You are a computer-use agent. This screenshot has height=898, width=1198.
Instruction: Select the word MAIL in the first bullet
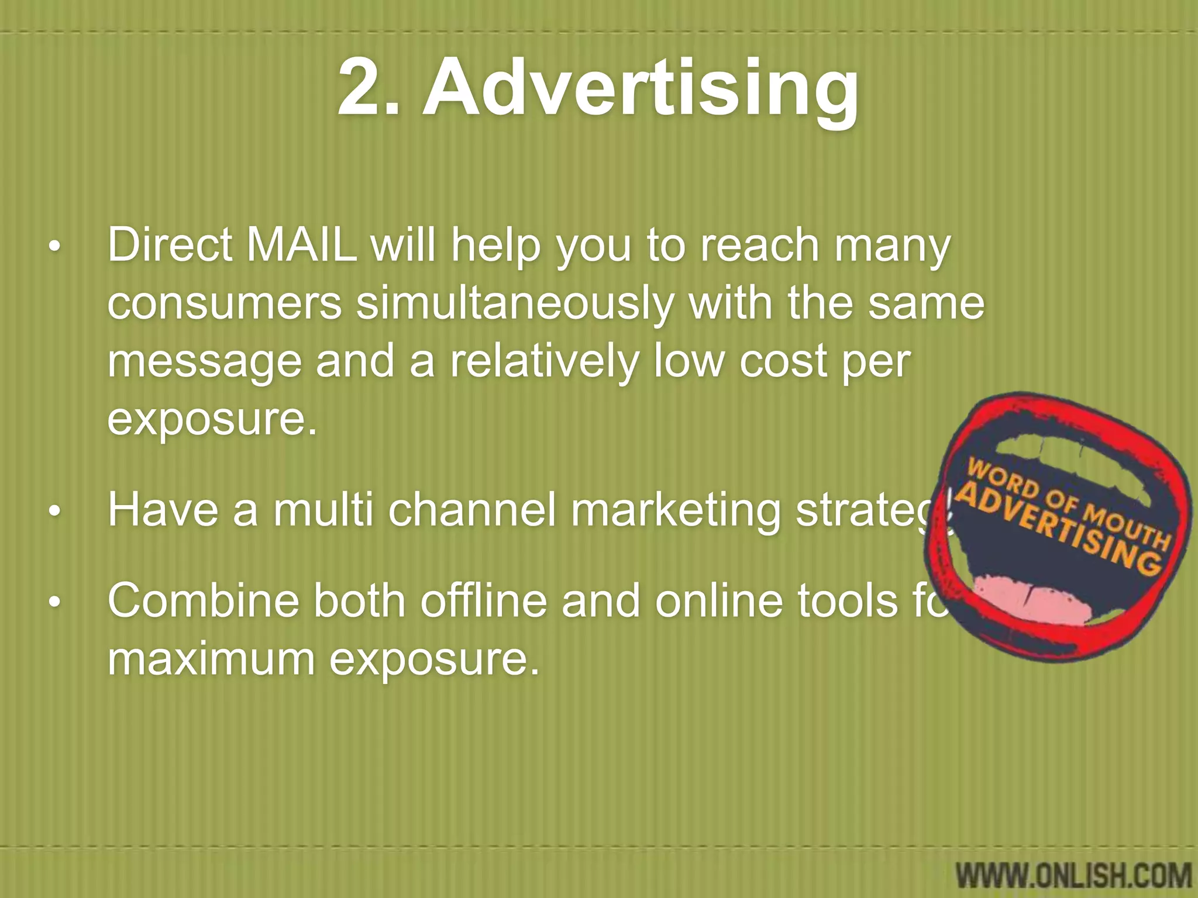pyautogui.click(x=302, y=246)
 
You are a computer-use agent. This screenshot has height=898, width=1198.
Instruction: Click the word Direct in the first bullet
pyautogui.click(x=170, y=246)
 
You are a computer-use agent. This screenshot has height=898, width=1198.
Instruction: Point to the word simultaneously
pyautogui.click(x=514, y=304)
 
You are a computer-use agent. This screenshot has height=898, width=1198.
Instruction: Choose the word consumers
pyautogui.click(x=225, y=304)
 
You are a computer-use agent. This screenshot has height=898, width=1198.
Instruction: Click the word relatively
pyautogui.click(x=543, y=361)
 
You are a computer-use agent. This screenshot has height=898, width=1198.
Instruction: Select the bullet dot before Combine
pyautogui.click(x=54, y=603)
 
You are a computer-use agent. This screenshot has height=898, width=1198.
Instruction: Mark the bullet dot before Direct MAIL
pyautogui.click(x=54, y=248)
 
